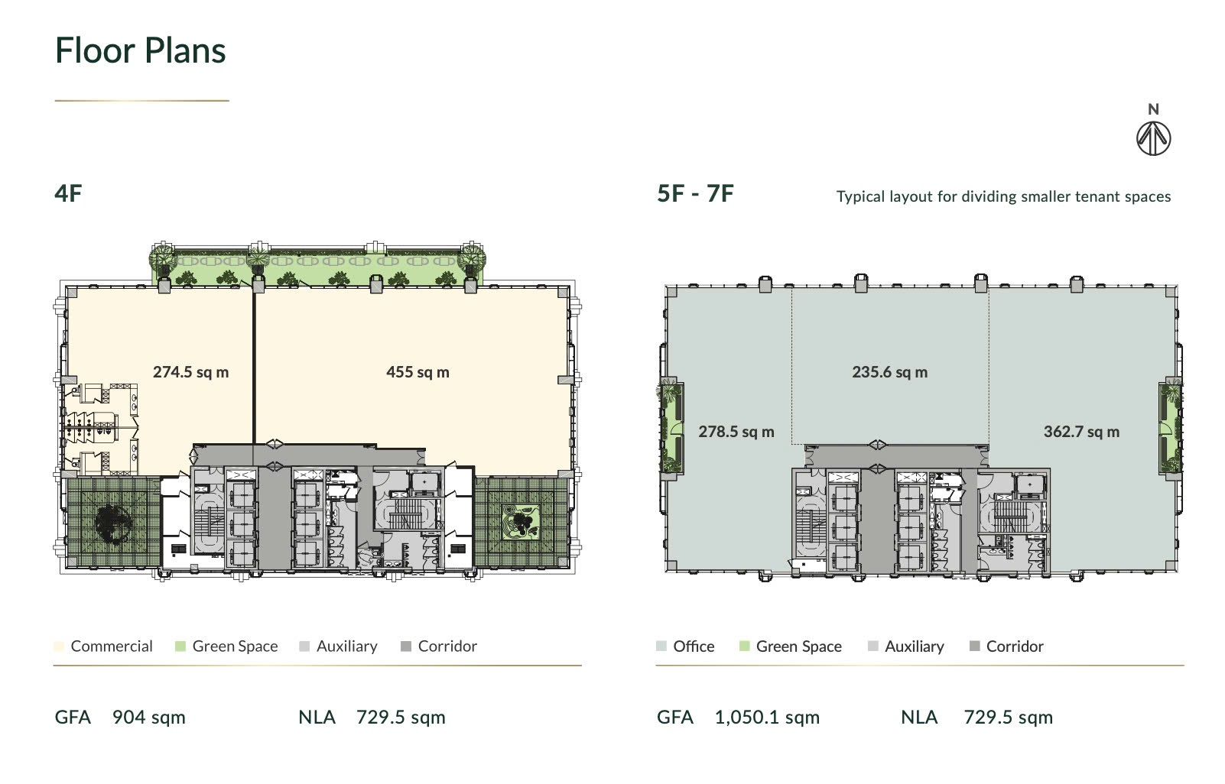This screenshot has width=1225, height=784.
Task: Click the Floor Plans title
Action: [x=140, y=50]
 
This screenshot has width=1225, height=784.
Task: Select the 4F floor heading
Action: [x=68, y=193]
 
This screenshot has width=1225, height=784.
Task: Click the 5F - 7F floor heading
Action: [x=695, y=193]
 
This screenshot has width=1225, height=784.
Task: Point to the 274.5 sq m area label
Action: [x=191, y=372]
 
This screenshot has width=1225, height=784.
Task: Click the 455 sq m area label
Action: [x=418, y=372]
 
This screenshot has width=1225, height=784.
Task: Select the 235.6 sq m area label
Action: [x=890, y=372]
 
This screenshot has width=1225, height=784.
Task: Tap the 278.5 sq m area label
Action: [x=736, y=432]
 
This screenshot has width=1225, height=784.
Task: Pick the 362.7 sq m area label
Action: [x=1081, y=432]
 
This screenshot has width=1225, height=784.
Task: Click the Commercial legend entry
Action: [x=103, y=646]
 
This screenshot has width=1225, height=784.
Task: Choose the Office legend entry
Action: [x=685, y=646]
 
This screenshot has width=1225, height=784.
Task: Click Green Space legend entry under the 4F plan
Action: [x=226, y=646]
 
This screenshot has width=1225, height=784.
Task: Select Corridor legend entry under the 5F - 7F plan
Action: [x=1006, y=646]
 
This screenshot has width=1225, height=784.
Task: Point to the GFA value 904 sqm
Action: [x=149, y=718]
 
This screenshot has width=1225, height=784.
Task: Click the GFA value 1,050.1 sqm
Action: [x=767, y=718]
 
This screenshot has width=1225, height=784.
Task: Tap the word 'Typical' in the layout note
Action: [x=861, y=196]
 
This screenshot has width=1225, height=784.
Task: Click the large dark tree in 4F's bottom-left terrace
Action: [x=114, y=523]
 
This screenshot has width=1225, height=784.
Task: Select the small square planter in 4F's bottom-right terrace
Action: [x=521, y=522]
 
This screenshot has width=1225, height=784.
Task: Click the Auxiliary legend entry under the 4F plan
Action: [x=339, y=646]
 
